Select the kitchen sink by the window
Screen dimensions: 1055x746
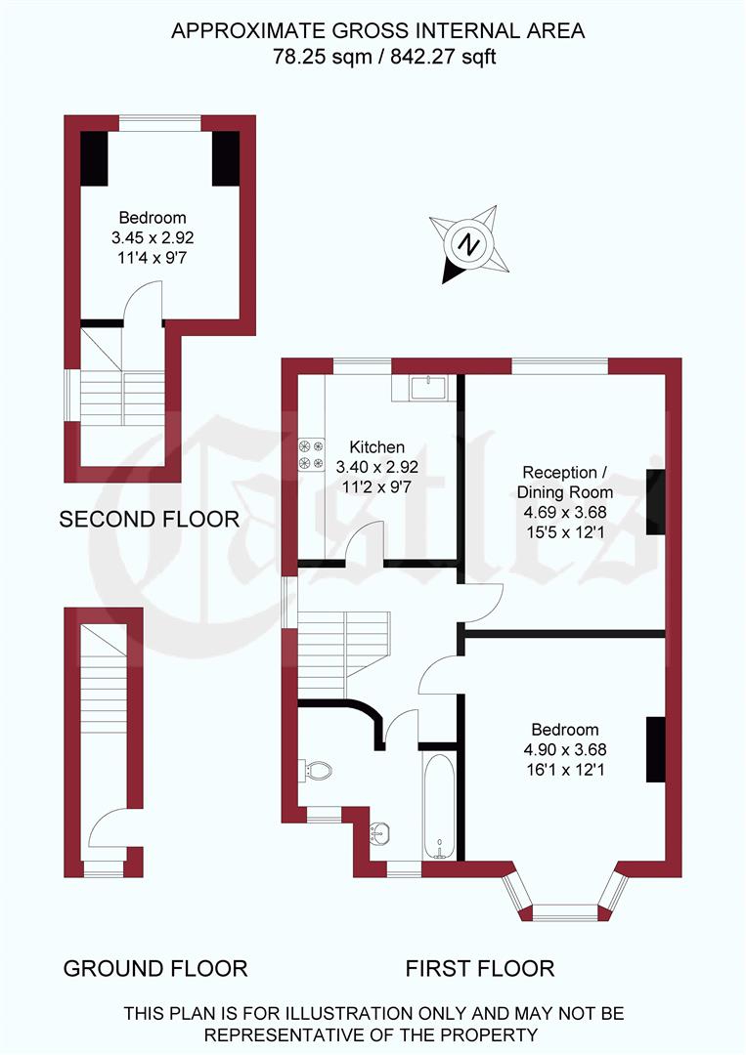pyautogui.click(x=428, y=388)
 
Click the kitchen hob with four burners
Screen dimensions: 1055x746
pyautogui.click(x=311, y=453)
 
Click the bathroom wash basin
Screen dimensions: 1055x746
pyautogui.click(x=381, y=834)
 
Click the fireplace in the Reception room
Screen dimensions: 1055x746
pyautogui.click(x=655, y=502)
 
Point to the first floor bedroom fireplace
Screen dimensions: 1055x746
pyautogui.click(x=655, y=749)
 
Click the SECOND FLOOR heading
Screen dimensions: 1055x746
pyautogui.click(x=150, y=520)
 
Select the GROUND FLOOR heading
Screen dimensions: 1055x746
pyautogui.click(x=155, y=969)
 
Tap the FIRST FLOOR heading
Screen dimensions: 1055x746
pyautogui.click(x=480, y=969)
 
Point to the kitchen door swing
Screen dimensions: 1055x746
pyautogui.click(x=366, y=541)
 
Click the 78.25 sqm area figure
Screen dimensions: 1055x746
pyautogui.click(x=315, y=57)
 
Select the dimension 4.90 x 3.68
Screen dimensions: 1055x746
pyautogui.click(x=565, y=749)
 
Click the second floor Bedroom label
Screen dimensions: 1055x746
pyautogui.click(x=153, y=218)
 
